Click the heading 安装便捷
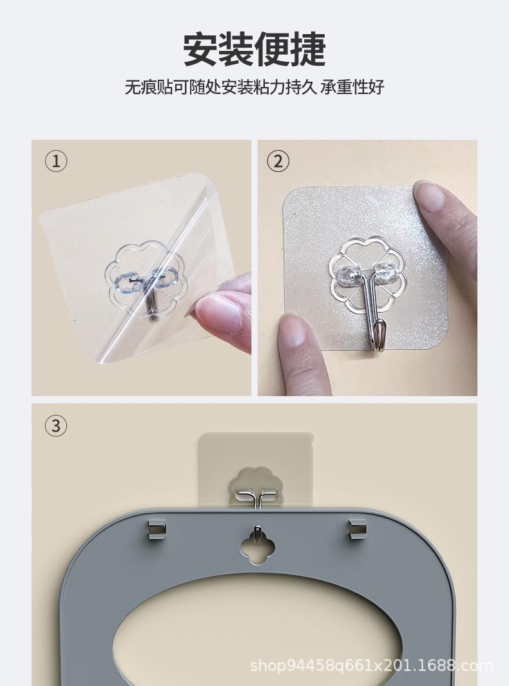point(254,50)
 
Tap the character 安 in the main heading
point(200,50)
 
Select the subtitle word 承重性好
point(352,87)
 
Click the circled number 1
point(57,162)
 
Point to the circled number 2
point(278,162)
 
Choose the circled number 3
point(57,426)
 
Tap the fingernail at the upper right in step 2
point(430,198)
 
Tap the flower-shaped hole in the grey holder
point(257,541)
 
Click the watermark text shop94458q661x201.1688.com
point(371,665)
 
